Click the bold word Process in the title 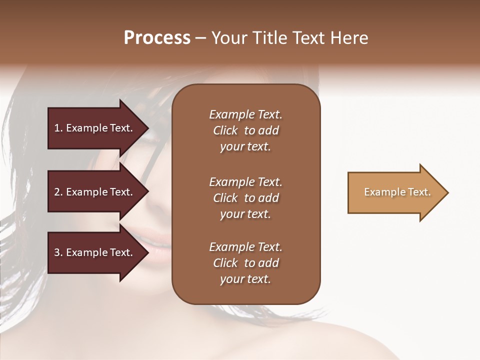coord(157,38)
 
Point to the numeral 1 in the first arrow coord(56,128)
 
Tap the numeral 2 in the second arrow coord(57,192)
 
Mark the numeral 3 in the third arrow coord(57,252)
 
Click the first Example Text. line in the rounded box coord(245,114)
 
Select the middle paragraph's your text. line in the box coord(245,214)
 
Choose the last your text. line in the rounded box coord(245,279)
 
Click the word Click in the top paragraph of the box coord(225,130)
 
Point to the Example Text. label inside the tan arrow coord(397,192)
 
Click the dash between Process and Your coord(200,38)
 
